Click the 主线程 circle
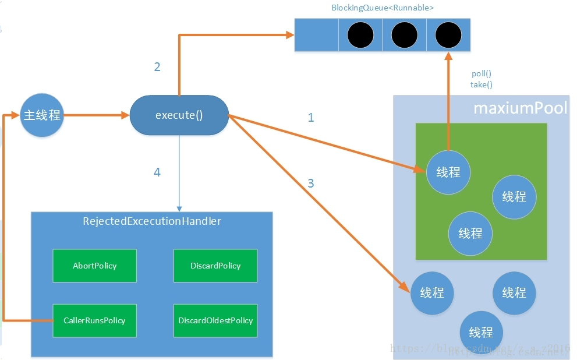(x=41, y=115)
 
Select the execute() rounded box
(x=179, y=115)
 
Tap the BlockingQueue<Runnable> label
(x=383, y=8)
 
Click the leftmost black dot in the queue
(x=360, y=36)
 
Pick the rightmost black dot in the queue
(x=448, y=36)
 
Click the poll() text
(x=482, y=74)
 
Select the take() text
(x=482, y=84)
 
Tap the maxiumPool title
(x=520, y=109)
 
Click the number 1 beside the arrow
(x=311, y=118)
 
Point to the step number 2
(x=157, y=67)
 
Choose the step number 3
(x=311, y=183)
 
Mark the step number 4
(x=157, y=172)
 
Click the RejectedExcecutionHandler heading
(x=152, y=221)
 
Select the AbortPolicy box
(x=94, y=266)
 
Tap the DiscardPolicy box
(x=215, y=266)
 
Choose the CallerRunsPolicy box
(x=94, y=320)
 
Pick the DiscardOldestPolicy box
(x=215, y=320)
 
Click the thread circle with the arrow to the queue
(x=448, y=172)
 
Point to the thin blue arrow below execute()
(x=179, y=175)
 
